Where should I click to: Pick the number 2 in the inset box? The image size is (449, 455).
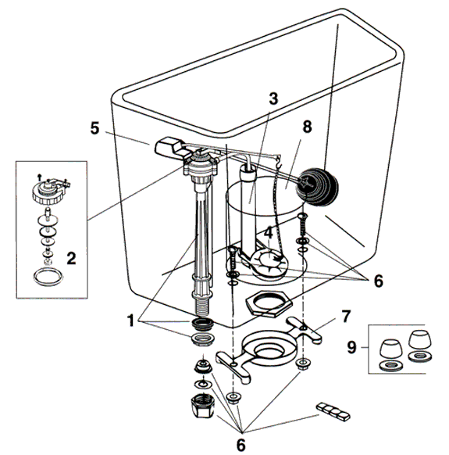72,256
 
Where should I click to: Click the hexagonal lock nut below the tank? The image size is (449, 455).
263,303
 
